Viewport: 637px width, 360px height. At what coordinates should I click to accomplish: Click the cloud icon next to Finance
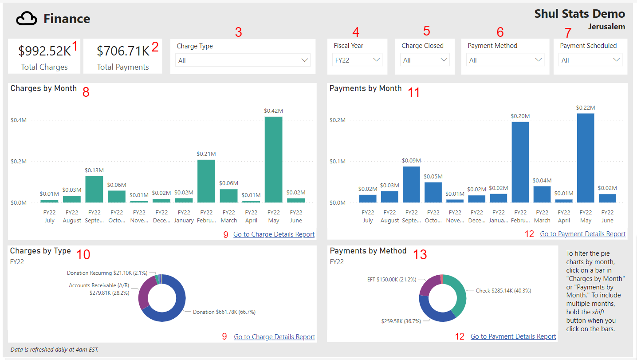(27, 19)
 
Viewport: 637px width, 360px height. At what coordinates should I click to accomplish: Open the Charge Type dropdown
(243, 60)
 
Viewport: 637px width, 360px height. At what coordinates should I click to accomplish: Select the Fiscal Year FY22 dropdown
(357, 60)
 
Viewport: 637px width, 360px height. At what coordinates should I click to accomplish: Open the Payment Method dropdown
(505, 60)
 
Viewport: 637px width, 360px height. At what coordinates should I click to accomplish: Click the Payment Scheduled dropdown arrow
(616, 60)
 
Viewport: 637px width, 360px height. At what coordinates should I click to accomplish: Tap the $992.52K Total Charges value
(44, 51)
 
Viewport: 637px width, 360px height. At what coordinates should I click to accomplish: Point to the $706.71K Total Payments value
(123, 51)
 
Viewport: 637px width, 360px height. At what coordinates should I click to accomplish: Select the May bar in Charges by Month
(273, 160)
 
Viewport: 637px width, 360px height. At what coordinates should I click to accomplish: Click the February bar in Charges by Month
(206, 181)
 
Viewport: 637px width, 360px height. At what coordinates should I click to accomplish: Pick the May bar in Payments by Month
(586, 158)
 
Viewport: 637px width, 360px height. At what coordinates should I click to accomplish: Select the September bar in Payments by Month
(411, 184)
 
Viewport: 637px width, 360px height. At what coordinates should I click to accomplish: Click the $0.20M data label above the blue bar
(520, 116)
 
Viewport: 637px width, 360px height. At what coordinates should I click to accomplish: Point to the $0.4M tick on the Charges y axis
(19, 120)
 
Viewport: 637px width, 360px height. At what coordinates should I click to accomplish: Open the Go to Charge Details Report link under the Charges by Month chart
(274, 234)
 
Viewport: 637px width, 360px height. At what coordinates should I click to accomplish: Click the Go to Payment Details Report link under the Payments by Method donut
(513, 336)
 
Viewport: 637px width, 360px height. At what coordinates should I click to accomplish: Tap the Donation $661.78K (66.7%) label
(224, 312)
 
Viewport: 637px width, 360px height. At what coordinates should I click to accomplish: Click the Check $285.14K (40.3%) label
(503, 291)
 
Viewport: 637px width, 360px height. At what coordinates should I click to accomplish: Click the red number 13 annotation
(420, 254)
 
